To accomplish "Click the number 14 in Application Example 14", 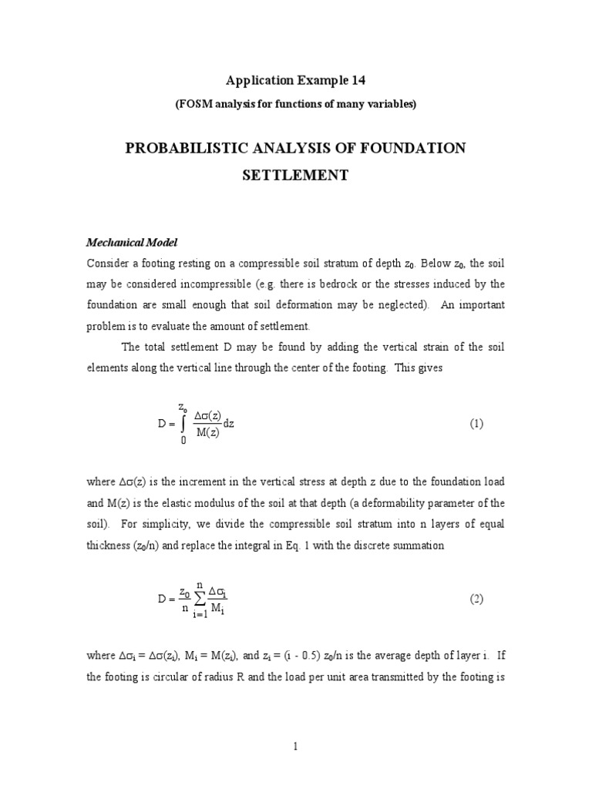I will (355, 80).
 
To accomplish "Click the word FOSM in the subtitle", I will (196, 104).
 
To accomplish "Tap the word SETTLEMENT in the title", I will (295, 175).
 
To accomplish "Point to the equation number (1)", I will (476, 424).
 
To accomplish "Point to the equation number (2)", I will (476, 598).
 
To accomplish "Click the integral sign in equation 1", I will (183, 424).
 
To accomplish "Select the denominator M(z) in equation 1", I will (208, 431).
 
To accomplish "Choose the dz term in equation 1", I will (228, 424).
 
